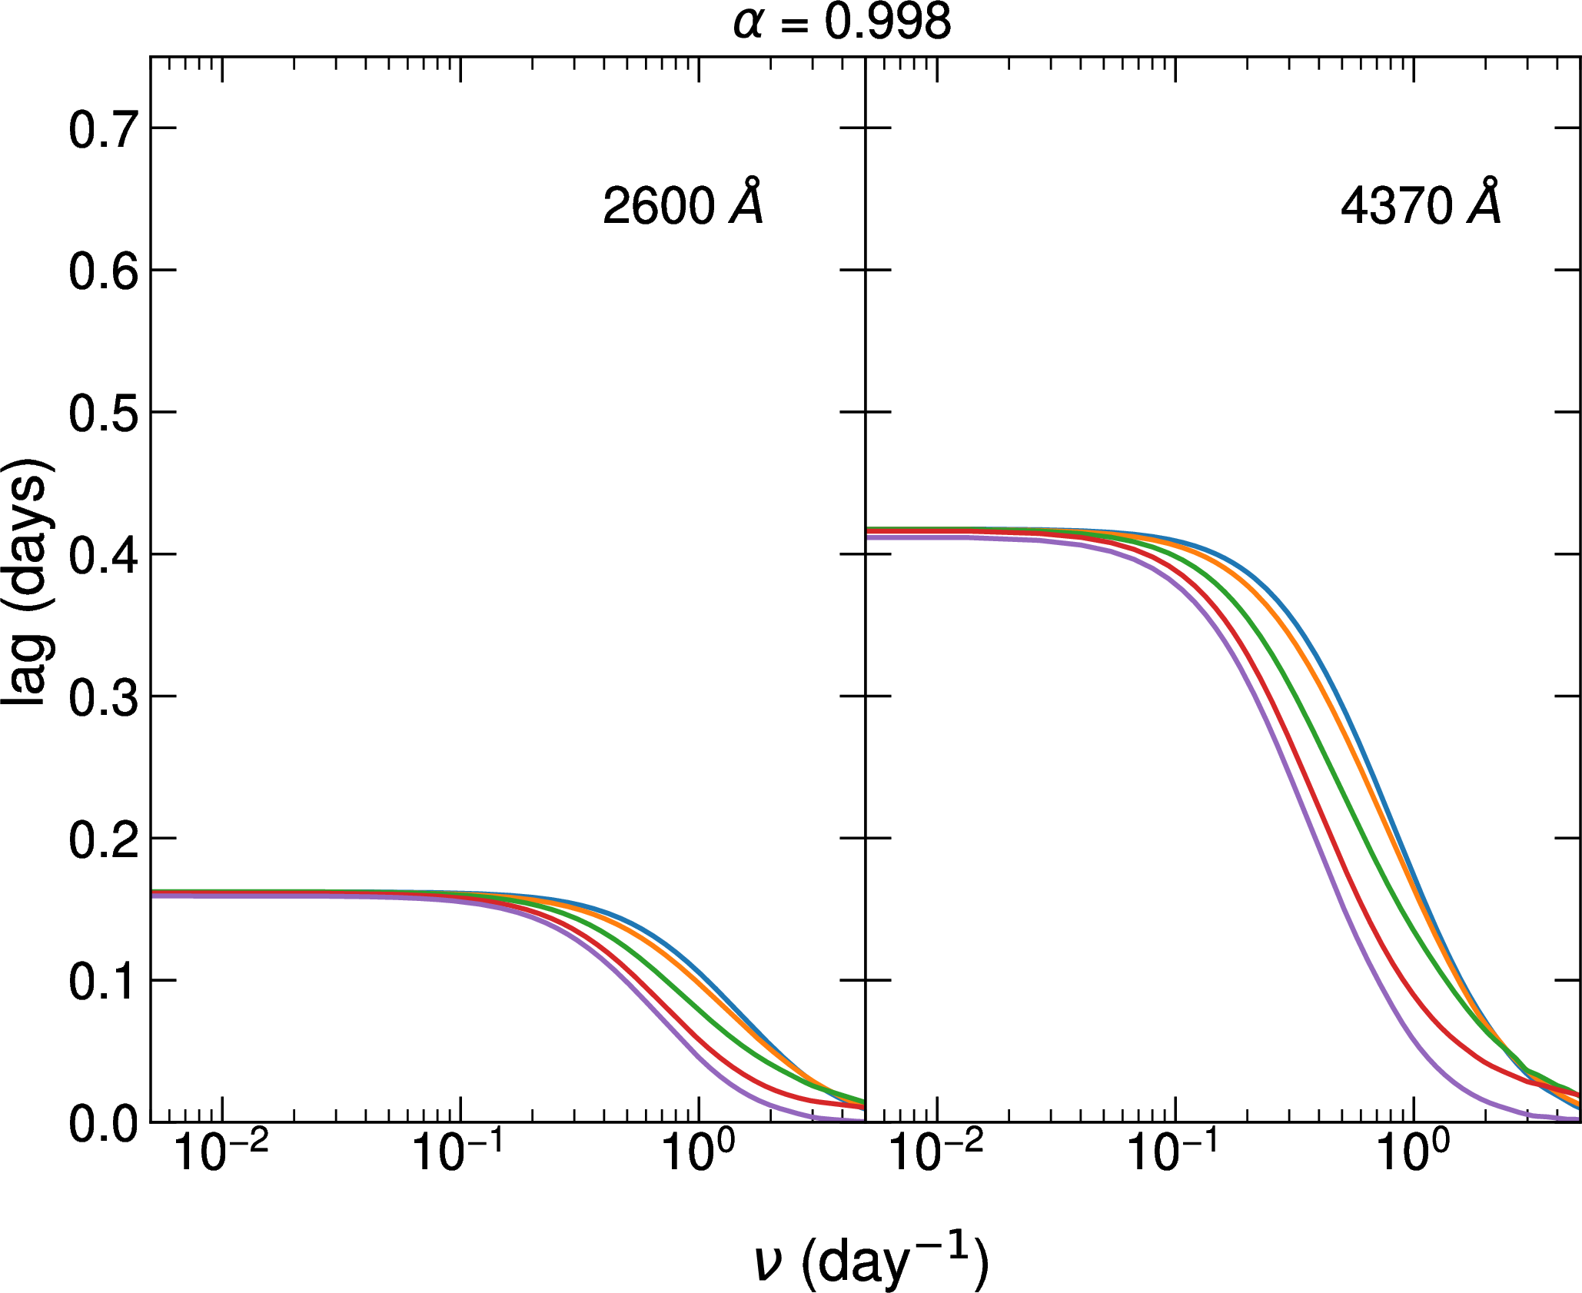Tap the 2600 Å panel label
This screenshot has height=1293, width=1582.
coord(683,204)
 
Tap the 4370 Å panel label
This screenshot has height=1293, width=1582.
coord(1420,204)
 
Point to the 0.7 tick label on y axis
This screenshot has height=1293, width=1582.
coord(103,129)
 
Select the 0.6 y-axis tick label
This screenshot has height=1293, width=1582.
coord(103,271)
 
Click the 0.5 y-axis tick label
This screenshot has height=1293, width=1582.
coord(103,414)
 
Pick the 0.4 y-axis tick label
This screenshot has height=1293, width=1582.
coord(103,556)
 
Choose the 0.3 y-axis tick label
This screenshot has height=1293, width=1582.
coord(103,698)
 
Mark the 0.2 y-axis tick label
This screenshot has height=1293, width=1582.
coord(103,840)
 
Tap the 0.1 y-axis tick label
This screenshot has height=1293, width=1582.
coord(103,982)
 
